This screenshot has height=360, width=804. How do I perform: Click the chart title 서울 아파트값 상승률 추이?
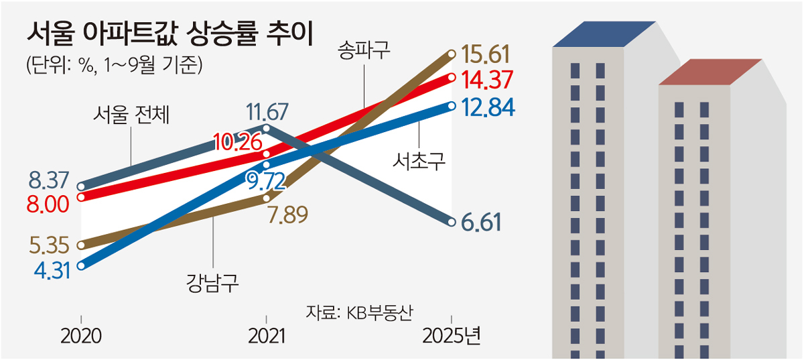click(x=168, y=34)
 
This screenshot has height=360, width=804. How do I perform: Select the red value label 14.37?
click(x=487, y=80)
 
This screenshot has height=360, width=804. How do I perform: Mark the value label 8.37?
click(x=49, y=180)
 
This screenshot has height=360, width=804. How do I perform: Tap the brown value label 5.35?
click(x=49, y=245)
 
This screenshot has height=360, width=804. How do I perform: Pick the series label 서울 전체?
click(x=131, y=116)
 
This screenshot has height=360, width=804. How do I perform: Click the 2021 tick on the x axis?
click(x=267, y=335)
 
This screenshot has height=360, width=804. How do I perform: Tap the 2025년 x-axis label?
click(x=452, y=335)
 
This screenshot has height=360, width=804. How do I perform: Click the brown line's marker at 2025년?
click(x=452, y=53)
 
